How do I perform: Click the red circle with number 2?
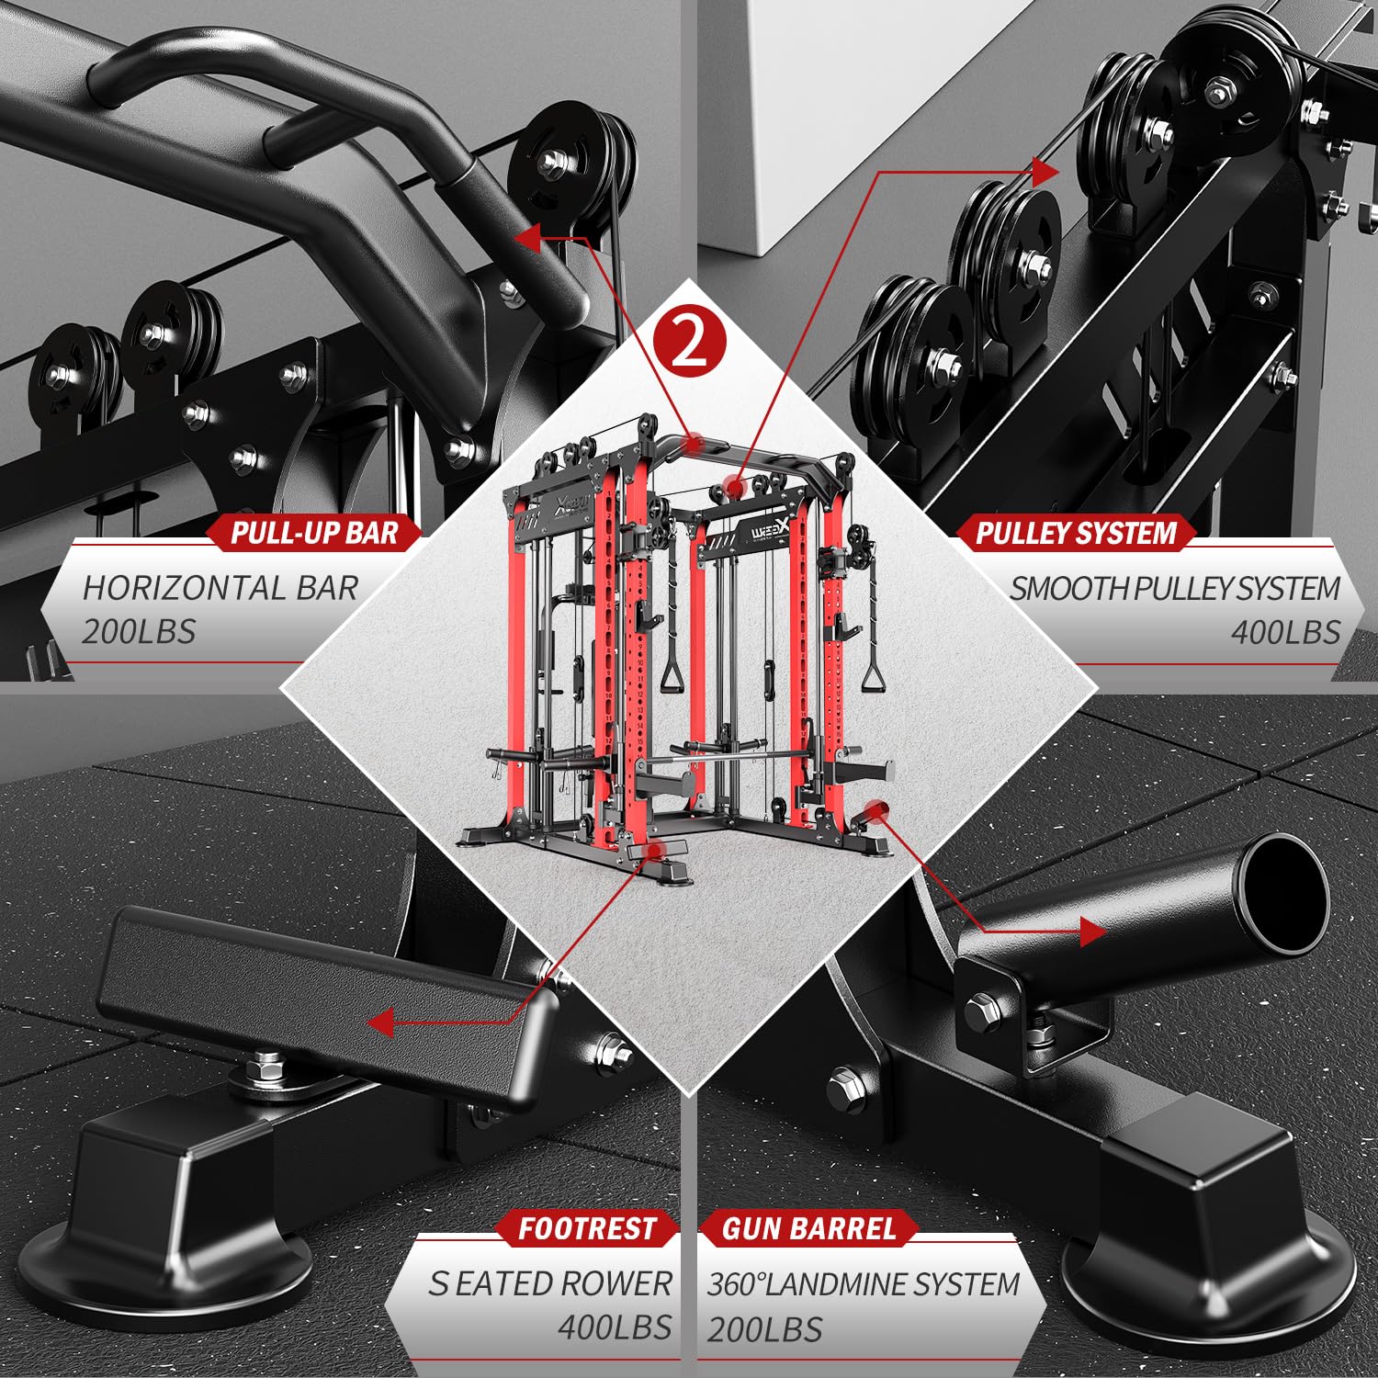point(689,343)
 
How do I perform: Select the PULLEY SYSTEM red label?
point(1076,533)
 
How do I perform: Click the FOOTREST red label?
point(587,1228)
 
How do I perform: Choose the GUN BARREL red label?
point(808,1228)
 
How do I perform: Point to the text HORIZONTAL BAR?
point(220,588)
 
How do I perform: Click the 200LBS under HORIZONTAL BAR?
point(139,632)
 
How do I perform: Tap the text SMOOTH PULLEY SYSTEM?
point(1175,588)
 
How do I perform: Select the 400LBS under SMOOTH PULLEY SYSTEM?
point(1285,632)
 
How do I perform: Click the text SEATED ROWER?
point(550,1283)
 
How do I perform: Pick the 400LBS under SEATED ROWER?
point(615,1327)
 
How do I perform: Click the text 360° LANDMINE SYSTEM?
point(864,1283)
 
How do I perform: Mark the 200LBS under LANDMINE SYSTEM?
point(764,1328)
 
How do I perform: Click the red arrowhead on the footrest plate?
point(380,1022)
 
